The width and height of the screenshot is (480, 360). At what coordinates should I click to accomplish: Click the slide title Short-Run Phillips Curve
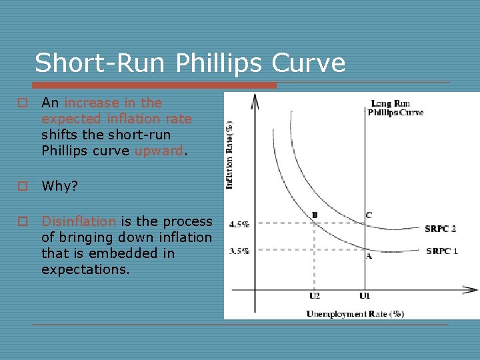(190, 63)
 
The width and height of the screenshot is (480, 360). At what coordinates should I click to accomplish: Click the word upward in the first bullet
(159, 151)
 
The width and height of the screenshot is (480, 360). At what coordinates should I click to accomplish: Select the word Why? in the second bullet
(59, 186)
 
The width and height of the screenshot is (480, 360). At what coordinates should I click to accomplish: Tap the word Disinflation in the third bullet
(79, 221)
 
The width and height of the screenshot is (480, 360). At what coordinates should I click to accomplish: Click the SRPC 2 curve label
(441, 229)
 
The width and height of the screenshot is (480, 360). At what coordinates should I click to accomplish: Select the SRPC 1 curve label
(441, 251)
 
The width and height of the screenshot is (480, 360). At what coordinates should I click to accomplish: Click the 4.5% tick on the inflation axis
(239, 224)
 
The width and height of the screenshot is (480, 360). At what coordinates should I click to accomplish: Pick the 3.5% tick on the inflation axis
(239, 251)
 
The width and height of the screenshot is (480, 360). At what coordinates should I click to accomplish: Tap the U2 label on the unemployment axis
(314, 295)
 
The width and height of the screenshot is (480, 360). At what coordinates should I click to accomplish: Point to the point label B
(315, 215)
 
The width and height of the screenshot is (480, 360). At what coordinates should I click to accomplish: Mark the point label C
(368, 215)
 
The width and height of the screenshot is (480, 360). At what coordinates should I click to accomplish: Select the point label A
(368, 256)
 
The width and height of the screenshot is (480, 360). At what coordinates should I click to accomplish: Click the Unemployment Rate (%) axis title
(355, 313)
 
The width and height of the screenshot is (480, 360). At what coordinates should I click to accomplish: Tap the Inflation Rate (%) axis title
(229, 154)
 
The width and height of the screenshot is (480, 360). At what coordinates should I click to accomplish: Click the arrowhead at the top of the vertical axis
(254, 100)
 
